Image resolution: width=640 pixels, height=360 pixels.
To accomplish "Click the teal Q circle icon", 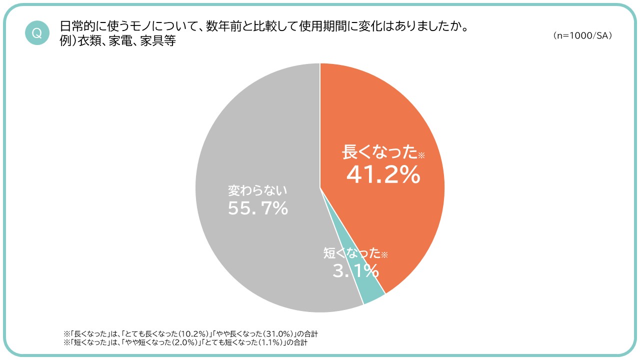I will pyautogui.click(x=37, y=33).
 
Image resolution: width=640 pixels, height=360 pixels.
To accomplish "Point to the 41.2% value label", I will pyautogui.click(x=383, y=174).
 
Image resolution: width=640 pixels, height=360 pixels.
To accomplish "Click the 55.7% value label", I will pyautogui.click(x=258, y=208).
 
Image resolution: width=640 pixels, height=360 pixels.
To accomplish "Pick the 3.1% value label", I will pyautogui.click(x=355, y=271).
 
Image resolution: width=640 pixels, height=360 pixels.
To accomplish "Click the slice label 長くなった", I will pyautogui.click(x=379, y=152).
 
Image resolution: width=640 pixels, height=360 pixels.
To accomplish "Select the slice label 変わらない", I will pyautogui.click(x=258, y=190).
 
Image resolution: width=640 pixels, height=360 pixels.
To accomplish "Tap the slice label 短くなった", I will pyautogui.click(x=352, y=253).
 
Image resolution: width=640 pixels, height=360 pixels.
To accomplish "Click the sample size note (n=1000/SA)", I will pyautogui.click(x=583, y=36).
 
